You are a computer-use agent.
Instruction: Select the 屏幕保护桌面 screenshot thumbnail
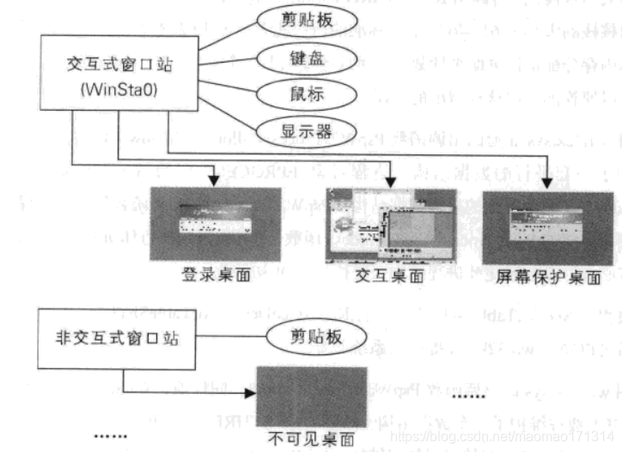(x=548, y=226)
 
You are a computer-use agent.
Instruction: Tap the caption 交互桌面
(x=390, y=276)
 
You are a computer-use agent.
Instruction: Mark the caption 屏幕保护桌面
(x=548, y=278)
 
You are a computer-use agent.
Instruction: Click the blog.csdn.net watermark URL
(x=502, y=437)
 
